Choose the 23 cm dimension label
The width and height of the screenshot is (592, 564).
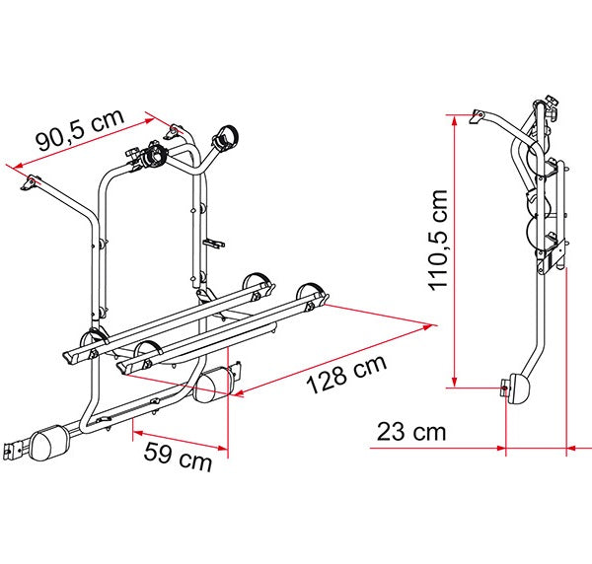click(x=410, y=432)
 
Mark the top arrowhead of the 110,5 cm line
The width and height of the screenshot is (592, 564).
click(x=454, y=117)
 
